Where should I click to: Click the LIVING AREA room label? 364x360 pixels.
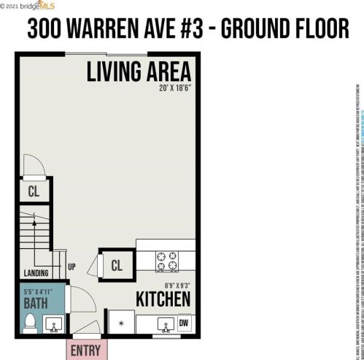tap(139, 72)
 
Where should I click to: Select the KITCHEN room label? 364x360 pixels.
tap(163, 299)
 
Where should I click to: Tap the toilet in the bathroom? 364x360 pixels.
tap(30, 322)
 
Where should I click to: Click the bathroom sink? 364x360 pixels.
tap(53, 323)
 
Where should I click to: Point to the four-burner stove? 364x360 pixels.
tap(167, 258)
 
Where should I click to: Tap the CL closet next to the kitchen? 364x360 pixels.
tap(116, 266)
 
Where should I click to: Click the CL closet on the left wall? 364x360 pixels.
tap(34, 191)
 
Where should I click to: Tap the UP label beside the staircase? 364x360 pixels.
tap(71, 267)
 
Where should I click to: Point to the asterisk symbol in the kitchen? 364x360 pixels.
tap(121, 321)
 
